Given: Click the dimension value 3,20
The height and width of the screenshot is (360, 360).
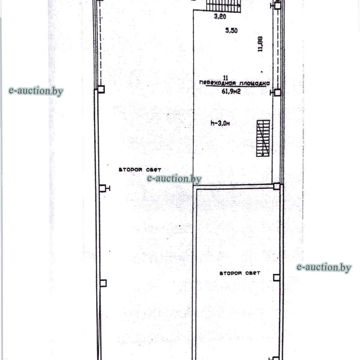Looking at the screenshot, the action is (220, 16).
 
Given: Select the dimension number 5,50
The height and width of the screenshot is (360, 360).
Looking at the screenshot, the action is (232, 31).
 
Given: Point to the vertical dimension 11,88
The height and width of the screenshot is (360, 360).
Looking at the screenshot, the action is (260, 44).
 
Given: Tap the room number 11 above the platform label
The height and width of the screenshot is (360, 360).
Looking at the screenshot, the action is (226, 77).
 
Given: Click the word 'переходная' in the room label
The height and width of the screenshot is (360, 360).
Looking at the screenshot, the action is (218, 83).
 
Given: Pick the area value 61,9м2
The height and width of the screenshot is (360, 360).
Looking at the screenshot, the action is (231, 91).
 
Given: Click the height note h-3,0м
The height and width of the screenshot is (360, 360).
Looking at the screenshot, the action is (220, 123).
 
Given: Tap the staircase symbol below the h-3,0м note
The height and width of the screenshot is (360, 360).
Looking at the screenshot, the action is (263, 138).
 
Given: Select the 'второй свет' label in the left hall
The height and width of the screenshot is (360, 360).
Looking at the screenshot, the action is (140, 170).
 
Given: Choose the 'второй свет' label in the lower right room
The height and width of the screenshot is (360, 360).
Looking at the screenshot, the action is (240, 273).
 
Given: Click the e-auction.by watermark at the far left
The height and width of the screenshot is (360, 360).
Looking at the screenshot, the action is (36, 91).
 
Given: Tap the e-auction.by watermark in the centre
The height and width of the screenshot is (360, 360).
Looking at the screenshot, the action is (174, 178).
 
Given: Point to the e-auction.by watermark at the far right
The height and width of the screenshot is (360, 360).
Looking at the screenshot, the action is (324, 267).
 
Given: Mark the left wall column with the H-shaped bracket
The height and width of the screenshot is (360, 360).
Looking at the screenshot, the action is (104, 188).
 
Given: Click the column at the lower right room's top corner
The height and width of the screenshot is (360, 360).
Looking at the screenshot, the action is (277, 186).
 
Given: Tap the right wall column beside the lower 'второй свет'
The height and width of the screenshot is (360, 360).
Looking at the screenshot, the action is (277, 277).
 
